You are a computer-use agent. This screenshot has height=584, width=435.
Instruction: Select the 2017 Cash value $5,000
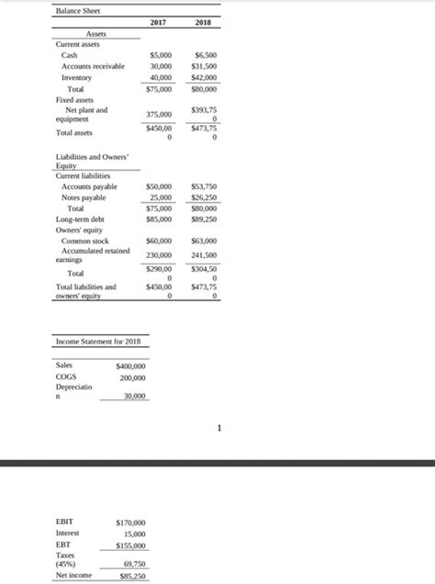pyautogui.click(x=159, y=55)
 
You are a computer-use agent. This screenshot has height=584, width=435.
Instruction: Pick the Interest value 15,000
pyautogui.click(x=135, y=533)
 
